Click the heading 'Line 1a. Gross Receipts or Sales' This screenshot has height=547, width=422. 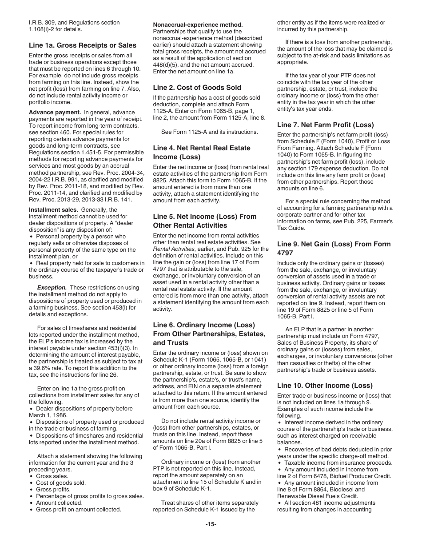(83, 45)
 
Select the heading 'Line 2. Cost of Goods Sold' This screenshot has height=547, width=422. (197, 88)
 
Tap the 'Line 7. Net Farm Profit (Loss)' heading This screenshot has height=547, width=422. (325, 125)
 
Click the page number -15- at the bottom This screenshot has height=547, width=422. (211, 524)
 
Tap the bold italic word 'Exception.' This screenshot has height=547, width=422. (52, 288)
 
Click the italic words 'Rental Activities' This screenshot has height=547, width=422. (174, 249)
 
